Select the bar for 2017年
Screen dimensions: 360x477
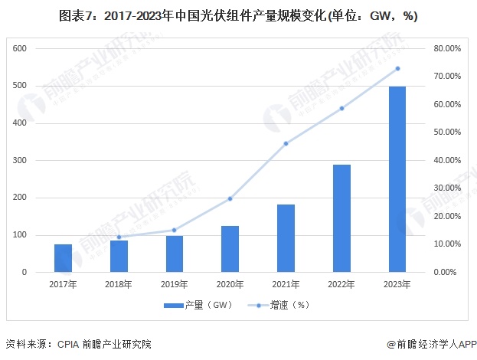[63, 258]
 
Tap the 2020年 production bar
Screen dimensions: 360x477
[230, 249]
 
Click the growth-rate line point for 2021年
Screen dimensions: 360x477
[286, 143]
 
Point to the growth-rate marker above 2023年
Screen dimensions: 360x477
[397, 69]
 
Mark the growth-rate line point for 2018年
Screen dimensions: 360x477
[119, 237]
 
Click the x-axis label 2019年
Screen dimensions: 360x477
[174, 284]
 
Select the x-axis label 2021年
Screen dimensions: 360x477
[286, 284]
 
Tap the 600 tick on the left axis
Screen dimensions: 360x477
[20, 48]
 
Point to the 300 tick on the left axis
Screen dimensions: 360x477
[20, 160]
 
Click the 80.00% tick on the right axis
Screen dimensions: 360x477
[447, 48]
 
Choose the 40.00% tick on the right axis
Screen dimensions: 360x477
[447, 160]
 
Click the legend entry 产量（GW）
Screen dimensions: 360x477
[198, 305]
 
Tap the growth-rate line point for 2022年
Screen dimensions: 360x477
[341, 108]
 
